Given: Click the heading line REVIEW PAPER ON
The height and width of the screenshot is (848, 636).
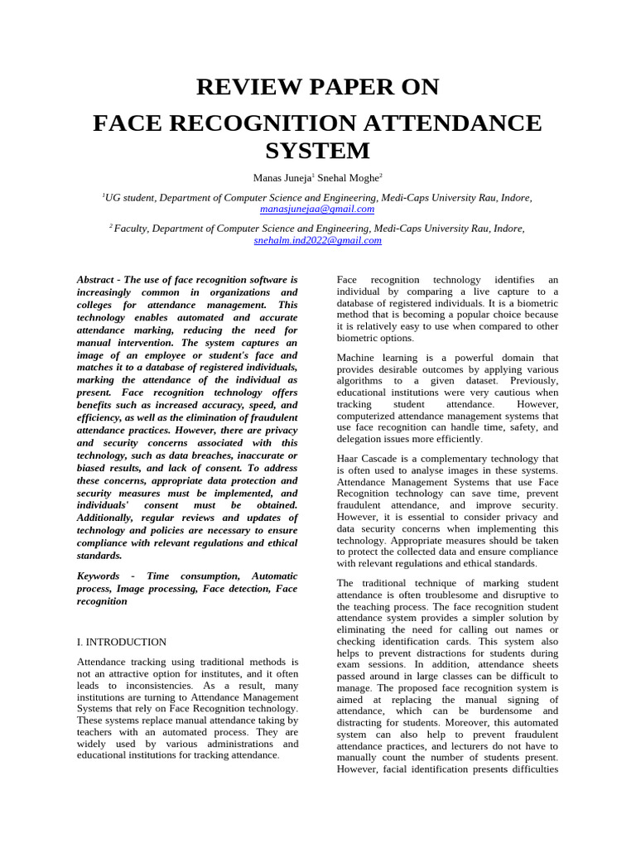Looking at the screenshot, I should click(x=317, y=87).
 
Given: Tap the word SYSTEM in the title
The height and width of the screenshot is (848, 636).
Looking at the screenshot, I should click(x=317, y=151).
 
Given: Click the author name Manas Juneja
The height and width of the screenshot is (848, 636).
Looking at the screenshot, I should click(x=281, y=178).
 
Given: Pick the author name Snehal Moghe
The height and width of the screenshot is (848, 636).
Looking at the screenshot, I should click(x=347, y=178).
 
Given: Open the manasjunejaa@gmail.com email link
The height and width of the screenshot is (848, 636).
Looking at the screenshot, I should click(x=317, y=210).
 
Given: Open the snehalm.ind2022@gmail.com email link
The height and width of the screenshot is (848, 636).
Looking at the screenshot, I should click(x=317, y=240).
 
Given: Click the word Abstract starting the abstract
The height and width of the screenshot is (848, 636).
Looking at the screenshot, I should click(x=96, y=280).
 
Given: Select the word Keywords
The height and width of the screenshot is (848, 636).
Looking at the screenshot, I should click(x=99, y=576).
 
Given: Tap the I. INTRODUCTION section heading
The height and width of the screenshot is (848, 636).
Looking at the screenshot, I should click(x=121, y=642).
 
